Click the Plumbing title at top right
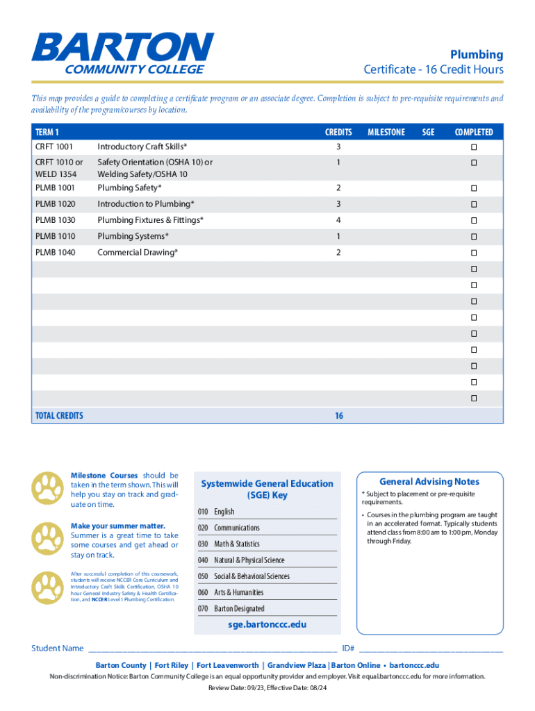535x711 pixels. [476, 54]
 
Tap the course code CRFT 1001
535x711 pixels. [54, 147]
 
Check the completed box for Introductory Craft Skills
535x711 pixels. [474, 147]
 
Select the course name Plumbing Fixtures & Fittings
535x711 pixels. [150, 220]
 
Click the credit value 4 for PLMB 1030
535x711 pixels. [338, 220]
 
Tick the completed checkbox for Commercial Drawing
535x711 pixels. [474, 253]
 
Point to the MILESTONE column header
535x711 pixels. [386, 132]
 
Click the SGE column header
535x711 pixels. [428, 132]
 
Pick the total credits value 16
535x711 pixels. [338, 416]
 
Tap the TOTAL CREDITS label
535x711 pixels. [59, 416]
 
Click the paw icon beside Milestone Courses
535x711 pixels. [47, 488]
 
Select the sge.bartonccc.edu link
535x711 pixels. [267, 624]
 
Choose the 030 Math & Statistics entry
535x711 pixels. [229, 544]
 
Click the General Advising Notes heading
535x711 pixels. [429, 481]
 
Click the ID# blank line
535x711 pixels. [431, 649]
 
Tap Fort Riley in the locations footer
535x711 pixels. [171, 664]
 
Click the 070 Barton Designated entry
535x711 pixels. [231, 608]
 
